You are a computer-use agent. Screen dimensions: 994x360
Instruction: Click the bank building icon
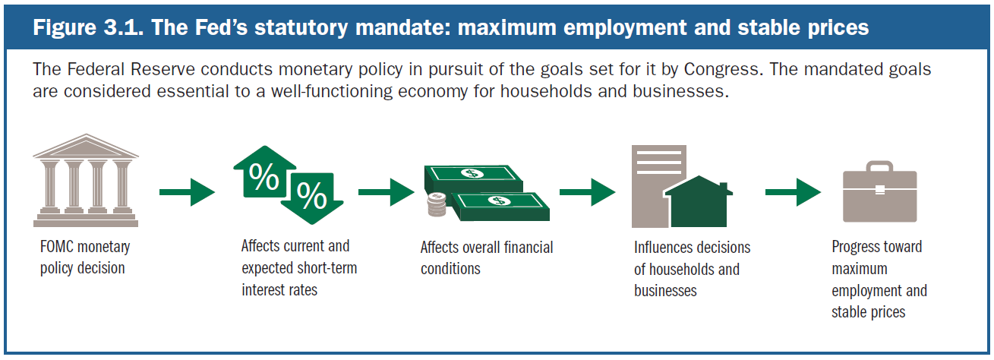coord(86,180)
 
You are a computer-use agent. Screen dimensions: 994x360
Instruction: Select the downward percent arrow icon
coord(312,198)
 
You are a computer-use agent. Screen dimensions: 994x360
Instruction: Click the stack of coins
coord(437,204)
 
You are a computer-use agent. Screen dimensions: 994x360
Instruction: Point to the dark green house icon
coord(699,202)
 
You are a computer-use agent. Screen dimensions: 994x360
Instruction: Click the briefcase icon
coord(879,191)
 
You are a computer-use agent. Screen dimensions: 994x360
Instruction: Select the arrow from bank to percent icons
coord(188,192)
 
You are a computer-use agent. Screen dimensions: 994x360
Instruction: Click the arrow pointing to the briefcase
coord(793,192)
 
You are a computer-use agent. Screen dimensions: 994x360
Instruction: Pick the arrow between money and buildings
coord(588,192)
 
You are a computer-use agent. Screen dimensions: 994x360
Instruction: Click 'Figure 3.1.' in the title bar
coord(88,27)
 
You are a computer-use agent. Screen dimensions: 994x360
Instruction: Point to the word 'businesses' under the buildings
coord(665,291)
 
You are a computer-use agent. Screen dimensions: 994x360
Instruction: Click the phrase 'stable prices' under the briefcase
coord(868,312)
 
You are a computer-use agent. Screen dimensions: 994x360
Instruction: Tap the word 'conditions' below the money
coord(450,269)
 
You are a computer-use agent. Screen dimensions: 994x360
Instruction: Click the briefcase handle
coord(879,166)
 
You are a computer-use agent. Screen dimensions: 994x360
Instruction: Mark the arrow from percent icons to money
coord(387,192)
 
